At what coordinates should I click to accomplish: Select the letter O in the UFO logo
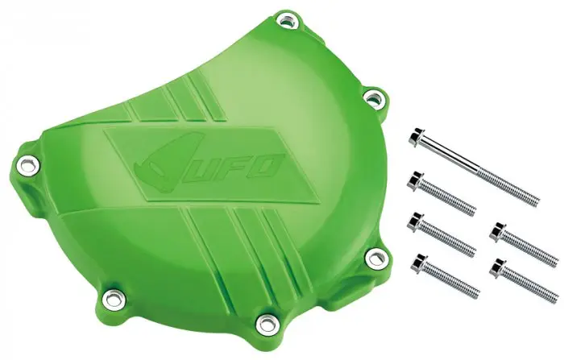point(267,166)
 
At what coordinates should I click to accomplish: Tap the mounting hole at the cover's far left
point(27,165)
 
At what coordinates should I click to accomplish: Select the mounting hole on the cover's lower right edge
point(376,256)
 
